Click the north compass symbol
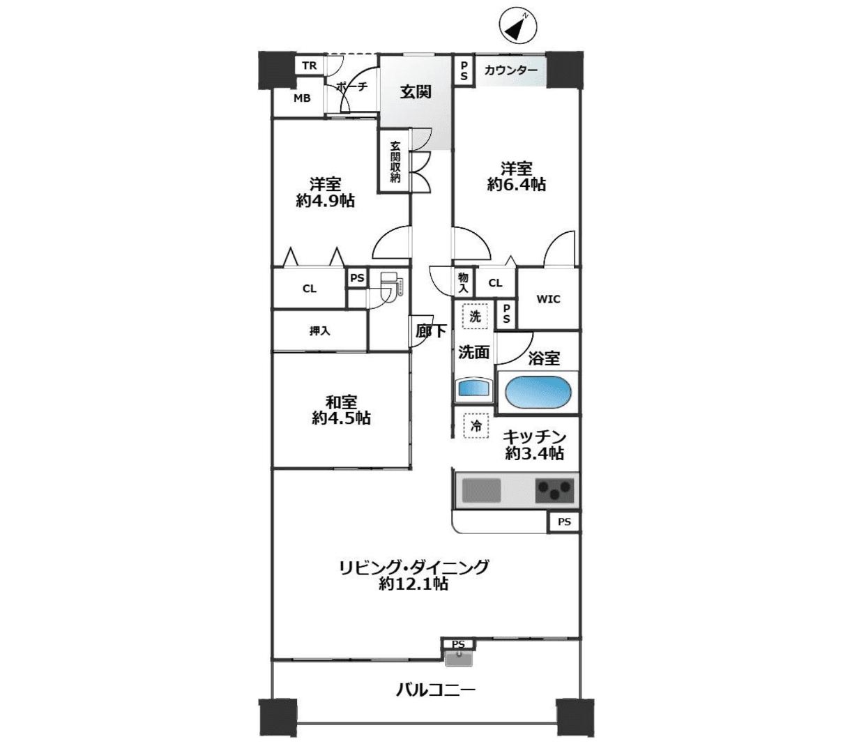pyautogui.click(x=517, y=28)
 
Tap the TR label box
pyautogui.click(x=309, y=66)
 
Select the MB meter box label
pyautogui.click(x=302, y=98)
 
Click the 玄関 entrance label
pyautogui.click(x=416, y=92)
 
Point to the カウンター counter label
pyautogui.click(x=510, y=70)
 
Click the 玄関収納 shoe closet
pyautogui.click(x=395, y=162)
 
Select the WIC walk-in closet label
pyautogui.click(x=549, y=299)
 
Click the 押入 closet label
pyautogui.click(x=320, y=331)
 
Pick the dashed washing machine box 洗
pyautogui.click(x=475, y=317)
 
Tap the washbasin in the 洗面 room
pyautogui.click(x=473, y=388)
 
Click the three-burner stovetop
pyautogui.click(x=554, y=490)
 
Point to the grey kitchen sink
pyautogui.click(x=481, y=490)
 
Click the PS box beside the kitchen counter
pyautogui.click(x=564, y=522)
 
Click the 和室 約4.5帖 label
pyautogui.click(x=341, y=410)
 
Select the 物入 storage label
pyautogui.click(x=463, y=282)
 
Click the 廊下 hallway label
pyautogui.click(x=431, y=330)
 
